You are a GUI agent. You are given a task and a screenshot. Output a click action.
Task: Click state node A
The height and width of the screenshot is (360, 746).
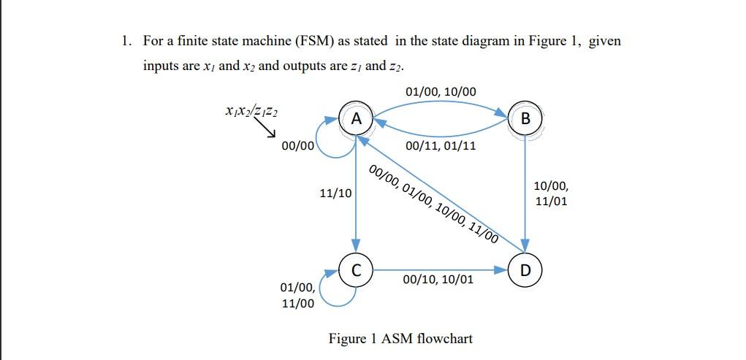tap(356, 118)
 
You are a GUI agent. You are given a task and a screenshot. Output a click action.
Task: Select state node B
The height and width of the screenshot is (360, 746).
tap(525, 119)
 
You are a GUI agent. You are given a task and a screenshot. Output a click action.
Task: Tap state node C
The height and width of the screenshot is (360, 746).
tap(356, 270)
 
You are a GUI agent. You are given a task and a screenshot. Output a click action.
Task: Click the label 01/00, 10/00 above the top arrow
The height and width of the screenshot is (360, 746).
tap(440, 91)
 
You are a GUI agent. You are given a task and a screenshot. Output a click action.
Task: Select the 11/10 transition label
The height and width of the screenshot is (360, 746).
tap(335, 194)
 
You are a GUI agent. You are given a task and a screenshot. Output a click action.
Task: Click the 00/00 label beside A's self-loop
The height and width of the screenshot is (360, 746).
tap(297, 145)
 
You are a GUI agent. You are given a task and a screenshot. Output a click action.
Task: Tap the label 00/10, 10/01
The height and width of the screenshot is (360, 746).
tap(438, 280)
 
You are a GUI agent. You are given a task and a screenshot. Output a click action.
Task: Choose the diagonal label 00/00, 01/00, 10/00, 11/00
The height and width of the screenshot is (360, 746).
tap(433, 204)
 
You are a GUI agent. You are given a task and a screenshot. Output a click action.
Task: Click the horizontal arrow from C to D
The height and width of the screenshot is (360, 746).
tap(438, 269)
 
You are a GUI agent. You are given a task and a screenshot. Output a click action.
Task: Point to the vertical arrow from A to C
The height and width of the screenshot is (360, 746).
tap(356, 194)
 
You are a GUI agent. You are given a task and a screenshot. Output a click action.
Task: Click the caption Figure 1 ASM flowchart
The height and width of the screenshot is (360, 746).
tap(400, 339)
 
